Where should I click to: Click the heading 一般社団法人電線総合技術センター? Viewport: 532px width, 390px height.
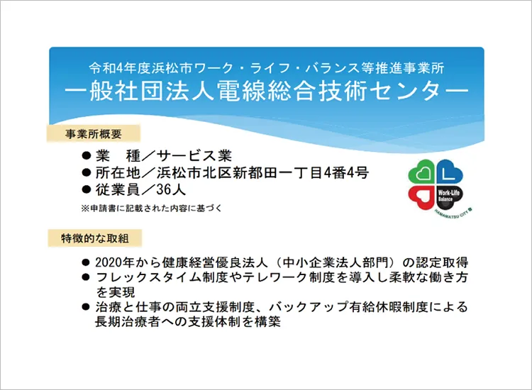click(x=266, y=91)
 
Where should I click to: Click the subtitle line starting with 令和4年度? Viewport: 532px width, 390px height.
click(x=266, y=68)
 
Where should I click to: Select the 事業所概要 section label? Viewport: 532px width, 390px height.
click(x=94, y=134)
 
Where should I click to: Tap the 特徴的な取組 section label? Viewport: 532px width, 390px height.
click(x=94, y=238)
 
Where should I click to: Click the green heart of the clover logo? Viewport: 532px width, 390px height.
click(x=421, y=172)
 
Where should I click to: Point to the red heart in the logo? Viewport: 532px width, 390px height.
click(x=421, y=198)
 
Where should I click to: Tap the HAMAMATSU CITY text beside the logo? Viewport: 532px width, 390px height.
click(x=454, y=213)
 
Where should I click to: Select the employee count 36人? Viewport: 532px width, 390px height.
click(x=171, y=189)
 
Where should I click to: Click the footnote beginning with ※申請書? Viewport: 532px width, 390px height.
click(x=151, y=208)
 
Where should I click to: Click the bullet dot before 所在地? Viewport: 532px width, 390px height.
click(x=87, y=172)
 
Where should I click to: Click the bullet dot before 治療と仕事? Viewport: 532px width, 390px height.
click(x=86, y=307)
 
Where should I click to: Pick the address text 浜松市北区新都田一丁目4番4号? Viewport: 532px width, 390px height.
click(x=262, y=172)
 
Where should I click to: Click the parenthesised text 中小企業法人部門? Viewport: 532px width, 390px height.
click(x=336, y=262)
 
